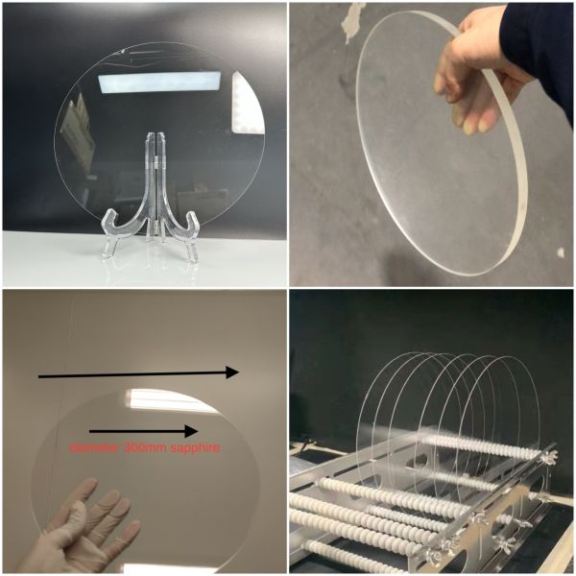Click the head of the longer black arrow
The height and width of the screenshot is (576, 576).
pos(232,372)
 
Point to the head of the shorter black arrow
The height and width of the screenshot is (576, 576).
pos(191,431)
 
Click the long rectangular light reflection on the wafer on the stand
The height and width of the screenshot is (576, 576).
pos(159,82)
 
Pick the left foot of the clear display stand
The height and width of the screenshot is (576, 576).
pos(109,235)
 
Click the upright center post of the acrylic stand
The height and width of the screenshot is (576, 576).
pos(156,177)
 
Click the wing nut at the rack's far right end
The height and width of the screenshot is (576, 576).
pos(547,455)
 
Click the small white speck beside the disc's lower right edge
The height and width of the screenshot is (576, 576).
pos(561,252)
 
